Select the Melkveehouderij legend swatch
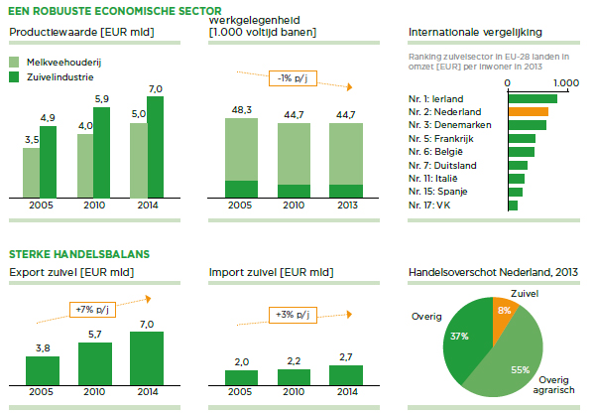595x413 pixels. (17, 62)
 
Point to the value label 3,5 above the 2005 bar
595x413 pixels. (32, 139)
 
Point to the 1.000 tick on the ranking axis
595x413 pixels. (564, 83)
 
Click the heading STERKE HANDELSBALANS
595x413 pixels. (79, 254)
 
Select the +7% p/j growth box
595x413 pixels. (92, 309)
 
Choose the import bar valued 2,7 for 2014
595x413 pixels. (345, 374)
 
